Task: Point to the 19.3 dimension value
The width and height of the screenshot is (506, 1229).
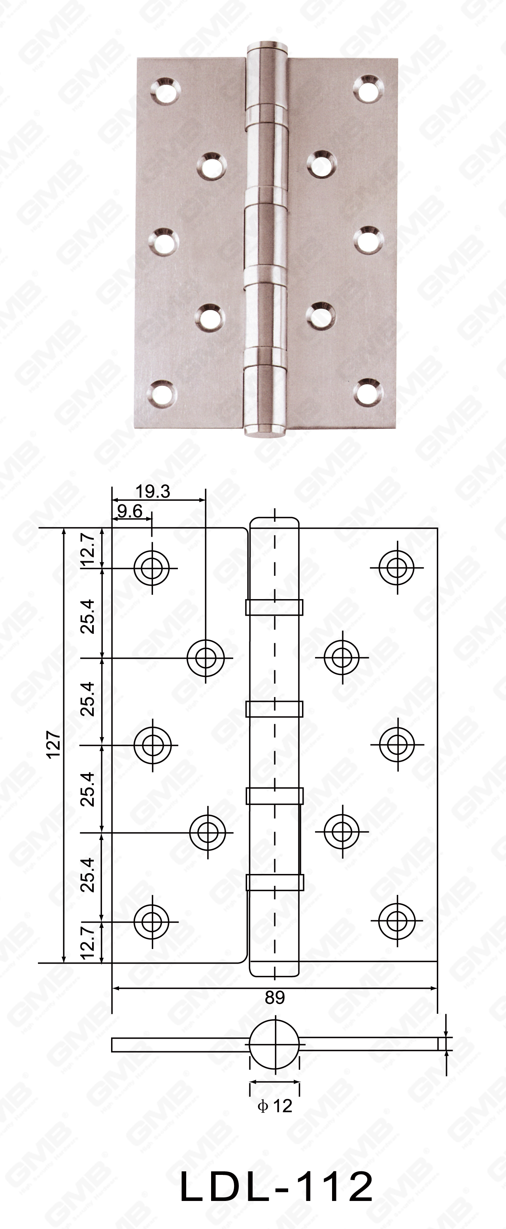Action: tap(152, 491)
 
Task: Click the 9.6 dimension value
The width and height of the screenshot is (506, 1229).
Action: tap(130, 511)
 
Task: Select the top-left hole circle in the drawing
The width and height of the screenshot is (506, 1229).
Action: tap(152, 568)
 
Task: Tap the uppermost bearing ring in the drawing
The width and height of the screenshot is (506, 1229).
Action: tap(274, 608)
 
